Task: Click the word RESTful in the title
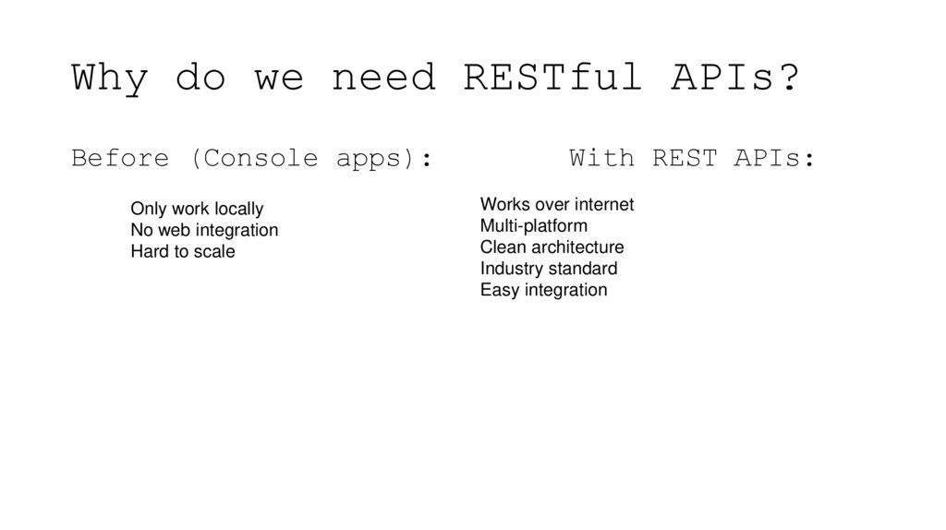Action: click(x=552, y=78)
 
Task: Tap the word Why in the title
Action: click(x=109, y=78)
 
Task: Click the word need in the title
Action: click(x=383, y=78)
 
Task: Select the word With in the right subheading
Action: click(x=602, y=159)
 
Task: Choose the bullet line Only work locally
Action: click(x=197, y=210)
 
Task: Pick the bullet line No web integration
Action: click(x=204, y=230)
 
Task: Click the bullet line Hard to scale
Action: click(x=183, y=251)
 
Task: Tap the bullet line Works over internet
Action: click(x=557, y=204)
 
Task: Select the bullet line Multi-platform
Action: click(x=533, y=225)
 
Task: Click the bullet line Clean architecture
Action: click(x=552, y=247)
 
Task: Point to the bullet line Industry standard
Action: click(x=549, y=269)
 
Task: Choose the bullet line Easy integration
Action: click(x=543, y=290)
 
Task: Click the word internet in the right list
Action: click(x=604, y=204)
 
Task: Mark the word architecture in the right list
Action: click(x=577, y=247)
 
